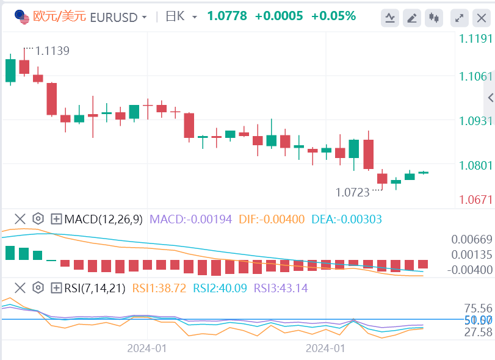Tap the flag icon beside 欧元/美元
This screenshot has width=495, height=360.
coord(23,17)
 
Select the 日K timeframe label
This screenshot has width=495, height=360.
coord(175,16)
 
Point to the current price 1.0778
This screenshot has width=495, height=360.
coord(227,16)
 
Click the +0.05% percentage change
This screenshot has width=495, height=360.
coord(333,16)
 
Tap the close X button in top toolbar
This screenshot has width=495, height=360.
coord(480,18)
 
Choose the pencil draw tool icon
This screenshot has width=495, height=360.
coord(413,18)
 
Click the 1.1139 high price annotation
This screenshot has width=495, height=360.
coord(52,51)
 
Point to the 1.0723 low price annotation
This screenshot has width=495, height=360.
coord(353,192)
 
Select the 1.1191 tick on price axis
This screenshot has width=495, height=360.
coord(475,39)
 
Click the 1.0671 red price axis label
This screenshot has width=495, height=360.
coord(475,200)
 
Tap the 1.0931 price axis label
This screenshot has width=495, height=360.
coord(475,121)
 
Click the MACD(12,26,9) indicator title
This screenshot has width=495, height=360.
coord(104,218)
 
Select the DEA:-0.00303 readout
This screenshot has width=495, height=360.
coord(347,218)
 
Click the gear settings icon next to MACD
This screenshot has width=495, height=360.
coord(38,218)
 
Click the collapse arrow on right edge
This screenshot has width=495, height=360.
coord(490,98)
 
